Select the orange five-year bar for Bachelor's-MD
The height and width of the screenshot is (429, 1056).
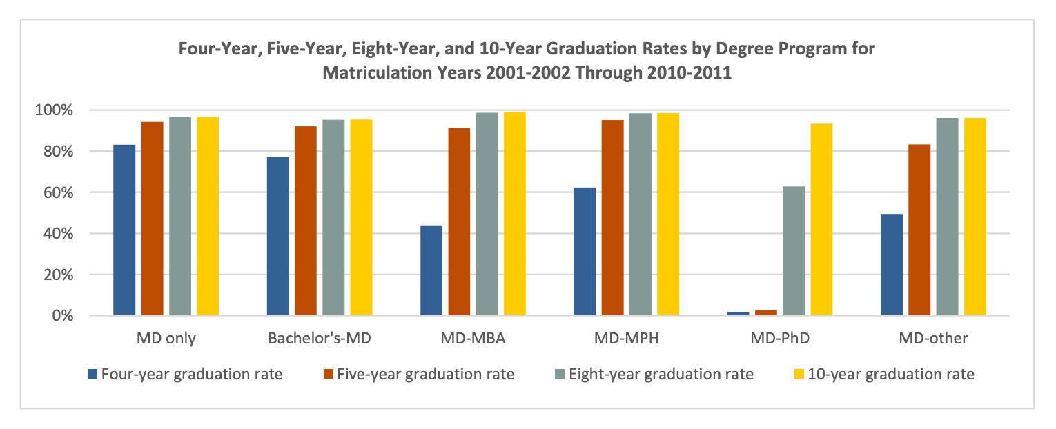pos(306,221)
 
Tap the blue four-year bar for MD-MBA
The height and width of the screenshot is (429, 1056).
pos(431,270)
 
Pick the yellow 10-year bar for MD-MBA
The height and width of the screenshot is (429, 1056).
pos(514,214)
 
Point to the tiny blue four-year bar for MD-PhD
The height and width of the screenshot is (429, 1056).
pos(738,313)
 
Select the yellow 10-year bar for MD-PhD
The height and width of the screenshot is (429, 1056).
pos(821,219)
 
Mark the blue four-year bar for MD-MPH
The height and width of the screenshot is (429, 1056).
pos(585,251)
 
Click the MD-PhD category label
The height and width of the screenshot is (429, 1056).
pos(780,338)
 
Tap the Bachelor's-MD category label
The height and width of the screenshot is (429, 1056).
pos(320,338)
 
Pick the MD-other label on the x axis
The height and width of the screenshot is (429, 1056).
pos(933,338)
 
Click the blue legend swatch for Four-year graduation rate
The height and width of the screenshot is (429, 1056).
pos(92,375)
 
